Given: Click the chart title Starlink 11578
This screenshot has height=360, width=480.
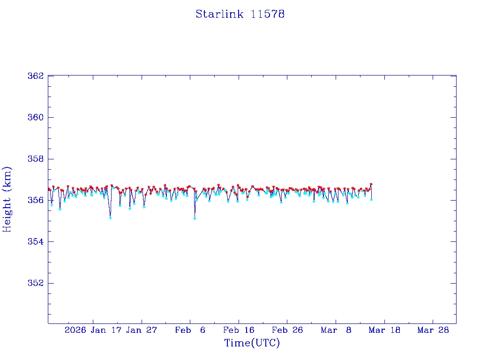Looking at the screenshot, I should coord(240,15).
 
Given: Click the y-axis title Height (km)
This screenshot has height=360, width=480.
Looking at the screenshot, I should coord(7,199).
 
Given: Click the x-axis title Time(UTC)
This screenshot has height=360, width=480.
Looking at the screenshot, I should coord(252,343).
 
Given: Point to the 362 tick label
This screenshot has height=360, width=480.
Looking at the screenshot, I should coord(37,76).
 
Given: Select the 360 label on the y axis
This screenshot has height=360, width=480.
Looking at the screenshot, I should coord(37,117).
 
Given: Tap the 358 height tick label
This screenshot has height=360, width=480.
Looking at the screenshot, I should coord(37,159).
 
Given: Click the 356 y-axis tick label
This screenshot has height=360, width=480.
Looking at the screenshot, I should coord(37,200).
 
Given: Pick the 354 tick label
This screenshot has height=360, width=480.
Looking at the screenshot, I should coord(37,242).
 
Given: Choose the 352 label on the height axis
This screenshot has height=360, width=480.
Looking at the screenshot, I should coord(37,283).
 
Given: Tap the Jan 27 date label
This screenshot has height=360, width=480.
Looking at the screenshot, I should coord(142,330).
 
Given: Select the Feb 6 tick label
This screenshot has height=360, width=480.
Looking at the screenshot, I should coord(190,330).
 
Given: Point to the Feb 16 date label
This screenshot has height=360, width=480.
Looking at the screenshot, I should coord(239,330).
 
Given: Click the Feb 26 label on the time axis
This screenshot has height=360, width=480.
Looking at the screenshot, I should coord(287,330).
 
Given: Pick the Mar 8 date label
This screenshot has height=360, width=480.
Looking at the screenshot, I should coord(336,330).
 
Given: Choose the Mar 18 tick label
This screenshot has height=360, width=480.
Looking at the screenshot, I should coord(384,330).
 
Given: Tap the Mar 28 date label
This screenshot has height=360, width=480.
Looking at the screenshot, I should coord(433,330).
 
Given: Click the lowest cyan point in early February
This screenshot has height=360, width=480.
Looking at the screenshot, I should coord(195,218).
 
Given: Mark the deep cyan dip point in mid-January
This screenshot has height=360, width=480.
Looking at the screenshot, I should coord(110,217).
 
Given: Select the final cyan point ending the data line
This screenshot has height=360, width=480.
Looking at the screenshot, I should coord(371,199).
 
